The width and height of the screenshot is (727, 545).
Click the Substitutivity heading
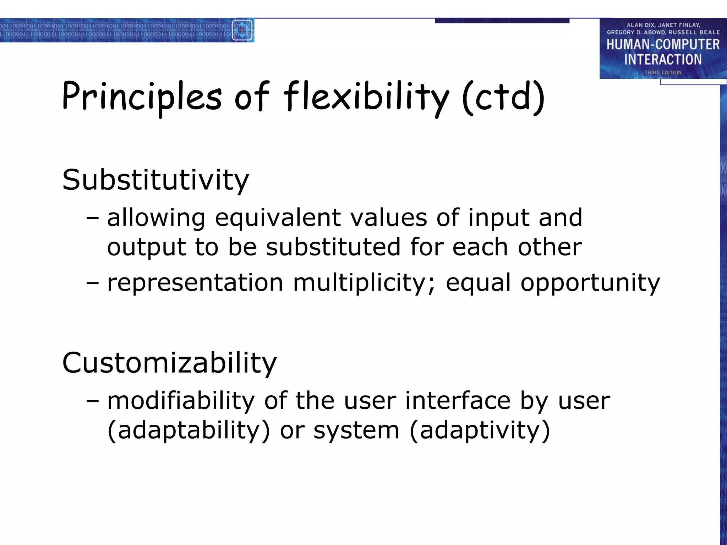click(155, 180)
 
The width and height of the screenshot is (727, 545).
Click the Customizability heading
click(169, 363)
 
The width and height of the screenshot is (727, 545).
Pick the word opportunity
click(590, 283)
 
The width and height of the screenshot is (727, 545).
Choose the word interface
click(458, 401)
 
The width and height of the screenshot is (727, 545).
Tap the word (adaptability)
click(188, 430)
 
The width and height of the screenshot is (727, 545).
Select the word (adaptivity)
click(480, 430)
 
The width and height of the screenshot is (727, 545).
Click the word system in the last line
click(356, 430)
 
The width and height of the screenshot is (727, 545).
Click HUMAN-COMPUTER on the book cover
click(663, 45)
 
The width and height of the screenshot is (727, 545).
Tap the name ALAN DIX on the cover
click(640, 25)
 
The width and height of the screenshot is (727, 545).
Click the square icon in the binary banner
click(242, 30)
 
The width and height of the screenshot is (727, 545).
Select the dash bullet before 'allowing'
click(92, 218)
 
